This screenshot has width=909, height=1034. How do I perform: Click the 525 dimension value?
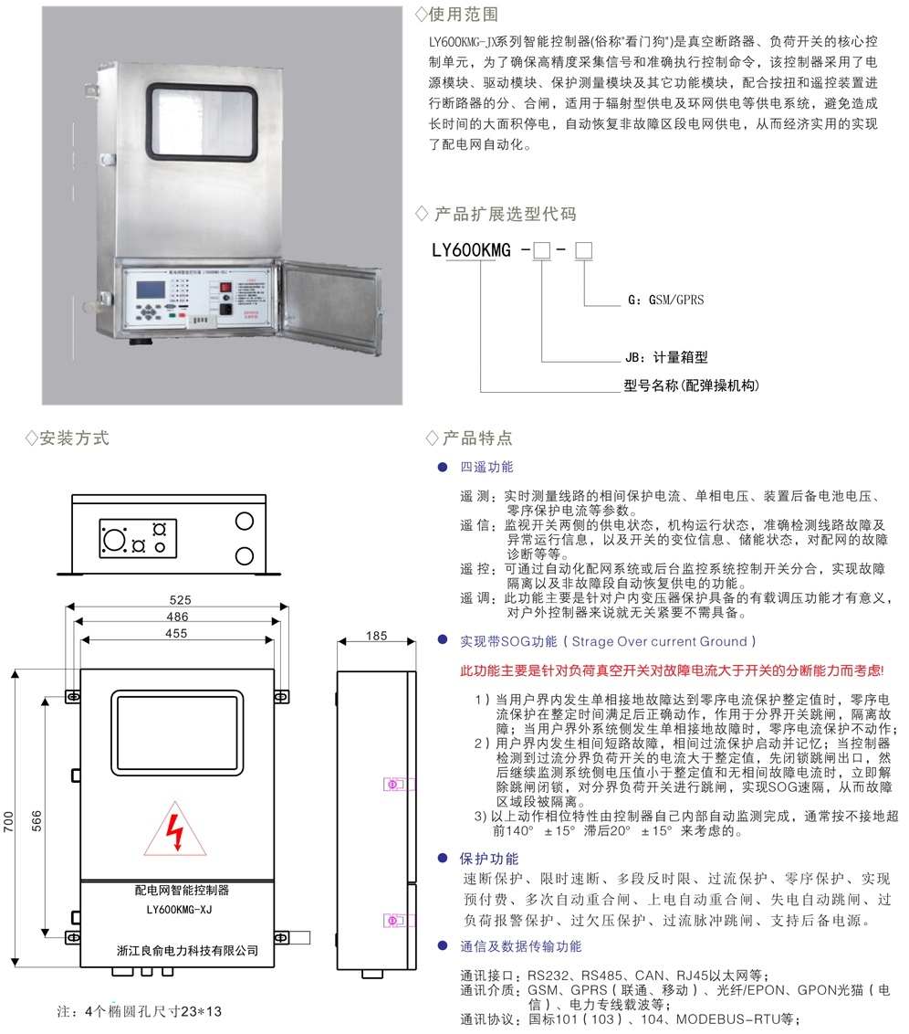click(180, 600)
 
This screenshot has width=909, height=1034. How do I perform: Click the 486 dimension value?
click(180, 617)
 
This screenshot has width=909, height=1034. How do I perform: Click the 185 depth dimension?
click(376, 634)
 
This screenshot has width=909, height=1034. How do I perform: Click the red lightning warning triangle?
click(176, 830)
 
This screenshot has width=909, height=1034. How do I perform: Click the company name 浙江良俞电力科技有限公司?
click(188, 950)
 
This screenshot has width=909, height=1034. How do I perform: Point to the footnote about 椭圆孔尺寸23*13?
click(140, 1011)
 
